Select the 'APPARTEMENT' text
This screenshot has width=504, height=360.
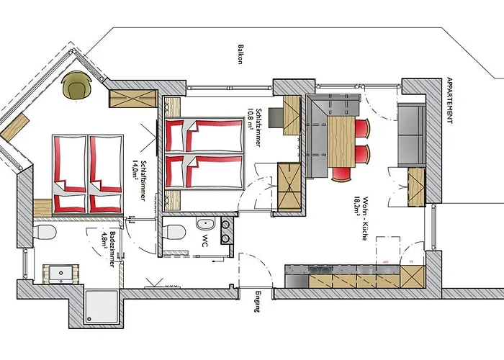pos(450,100)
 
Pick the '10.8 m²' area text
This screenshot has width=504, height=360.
pos(251,116)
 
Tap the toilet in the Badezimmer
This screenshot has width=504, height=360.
pos(45,233)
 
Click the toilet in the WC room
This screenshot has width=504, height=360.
pos(173,232)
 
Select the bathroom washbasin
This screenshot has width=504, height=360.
pos(60,274)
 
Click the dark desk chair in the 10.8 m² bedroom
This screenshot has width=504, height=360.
pos(274,117)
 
